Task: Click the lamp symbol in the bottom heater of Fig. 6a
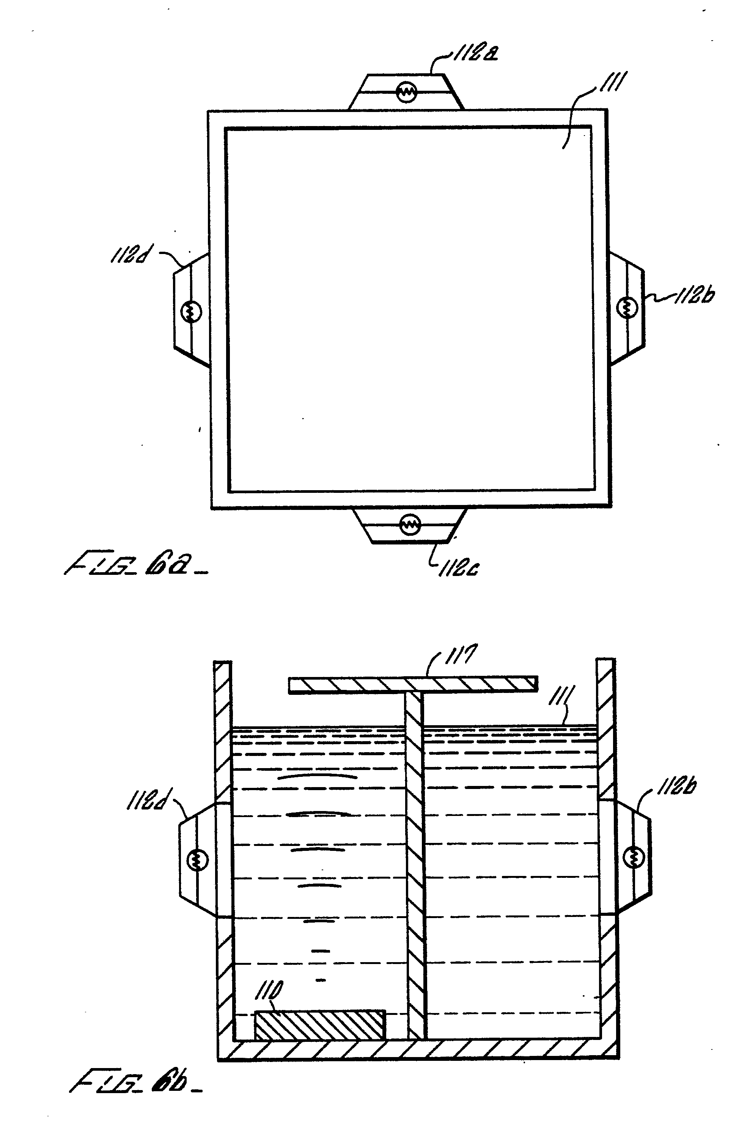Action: click(x=410, y=524)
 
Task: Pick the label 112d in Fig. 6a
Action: click(x=129, y=256)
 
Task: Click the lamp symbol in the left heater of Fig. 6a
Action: click(x=191, y=312)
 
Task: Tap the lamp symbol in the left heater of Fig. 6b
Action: click(x=198, y=859)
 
